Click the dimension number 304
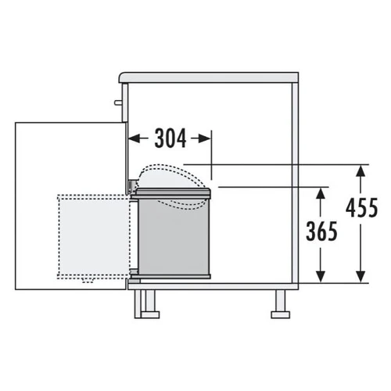click(170, 138)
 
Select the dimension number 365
click(321, 231)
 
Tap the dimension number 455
click(361, 207)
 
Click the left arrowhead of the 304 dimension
click(134, 138)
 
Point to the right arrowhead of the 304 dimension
click(205, 138)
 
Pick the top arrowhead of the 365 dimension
click(321, 193)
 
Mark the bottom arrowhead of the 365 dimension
click(321, 277)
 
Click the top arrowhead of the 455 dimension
click(361, 171)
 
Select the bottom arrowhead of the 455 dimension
click(361, 277)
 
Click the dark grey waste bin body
click(174, 236)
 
